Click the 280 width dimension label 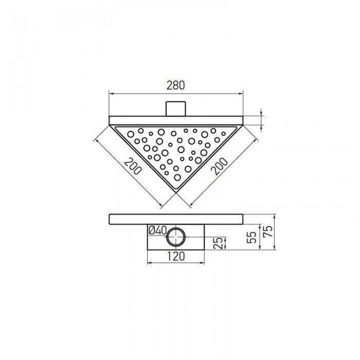[x=176, y=85]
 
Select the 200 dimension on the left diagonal [x=133, y=165]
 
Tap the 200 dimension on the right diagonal [x=219, y=165]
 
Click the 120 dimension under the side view [x=176, y=257]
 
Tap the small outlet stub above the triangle [x=176, y=109]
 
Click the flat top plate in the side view [x=176, y=219]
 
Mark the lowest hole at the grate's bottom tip [x=177, y=177]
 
